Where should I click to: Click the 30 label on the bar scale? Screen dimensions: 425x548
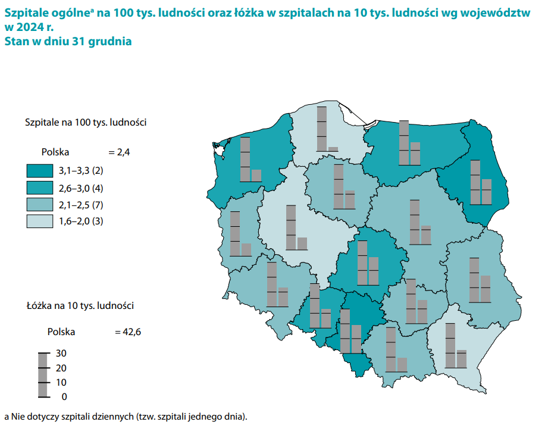[61, 353]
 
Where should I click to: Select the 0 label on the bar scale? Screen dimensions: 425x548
[64, 396]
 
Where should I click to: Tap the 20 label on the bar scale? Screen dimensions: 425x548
[61, 368]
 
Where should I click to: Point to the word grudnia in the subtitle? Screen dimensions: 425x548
[111, 42]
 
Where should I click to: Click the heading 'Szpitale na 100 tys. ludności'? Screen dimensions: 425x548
[86, 123]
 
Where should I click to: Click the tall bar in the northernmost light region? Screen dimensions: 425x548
[322, 129]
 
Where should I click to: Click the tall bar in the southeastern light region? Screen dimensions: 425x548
[450, 345]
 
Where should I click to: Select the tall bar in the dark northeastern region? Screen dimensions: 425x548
[475, 182]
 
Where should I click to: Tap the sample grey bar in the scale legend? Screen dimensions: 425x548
[43, 374]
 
